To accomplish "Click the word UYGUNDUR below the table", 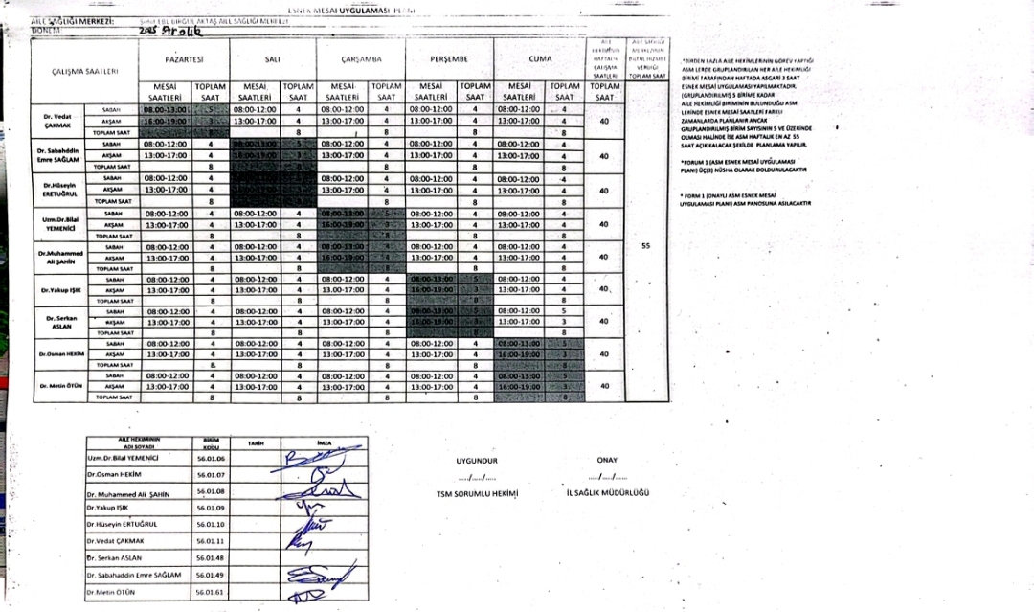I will pos(477,459).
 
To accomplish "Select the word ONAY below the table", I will pos(607,459).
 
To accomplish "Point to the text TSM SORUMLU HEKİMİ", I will pos(477,494).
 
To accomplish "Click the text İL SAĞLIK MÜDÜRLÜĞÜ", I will pos(608,493).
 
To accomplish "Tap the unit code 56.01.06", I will pos(209,459).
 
